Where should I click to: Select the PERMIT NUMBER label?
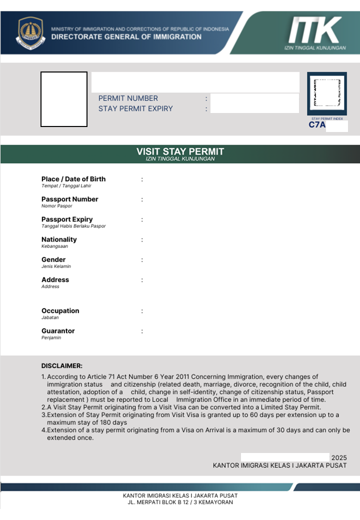pos(128,98)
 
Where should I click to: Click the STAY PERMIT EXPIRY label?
pos(135,108)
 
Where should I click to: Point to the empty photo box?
pos(64,99)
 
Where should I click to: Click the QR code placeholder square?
pos(326,94)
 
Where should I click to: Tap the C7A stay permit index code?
pos(317,125)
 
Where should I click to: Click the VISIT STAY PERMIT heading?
pos(180,151)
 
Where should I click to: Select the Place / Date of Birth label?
pos(73,179)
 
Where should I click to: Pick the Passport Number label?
pos(70,199)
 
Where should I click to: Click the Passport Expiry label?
pos(67,219)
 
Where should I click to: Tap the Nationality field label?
pos(59,239)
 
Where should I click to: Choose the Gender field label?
pos(53,259)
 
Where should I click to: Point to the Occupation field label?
pos(60,310)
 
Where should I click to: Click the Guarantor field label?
pos(58,331)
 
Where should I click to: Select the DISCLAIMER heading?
pos(62,366)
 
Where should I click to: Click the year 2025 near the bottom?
pos(339,457)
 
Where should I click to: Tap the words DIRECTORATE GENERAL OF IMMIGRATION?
pos(126,36)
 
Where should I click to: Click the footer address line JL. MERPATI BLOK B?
pos(180,502)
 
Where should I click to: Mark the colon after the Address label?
pos(142,280)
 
